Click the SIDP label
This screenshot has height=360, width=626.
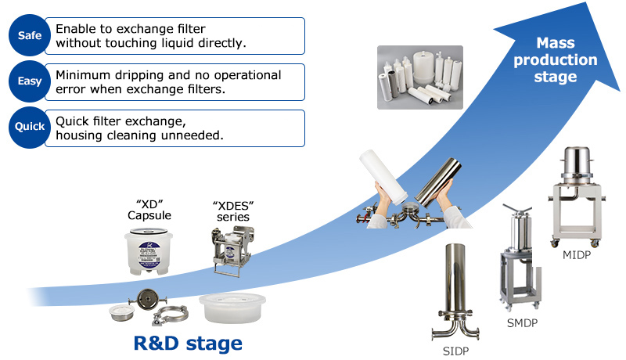455,351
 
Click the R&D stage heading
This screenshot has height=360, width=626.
188,343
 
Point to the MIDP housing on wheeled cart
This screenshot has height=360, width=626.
579,196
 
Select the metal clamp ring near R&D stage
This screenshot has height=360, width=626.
167,317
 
